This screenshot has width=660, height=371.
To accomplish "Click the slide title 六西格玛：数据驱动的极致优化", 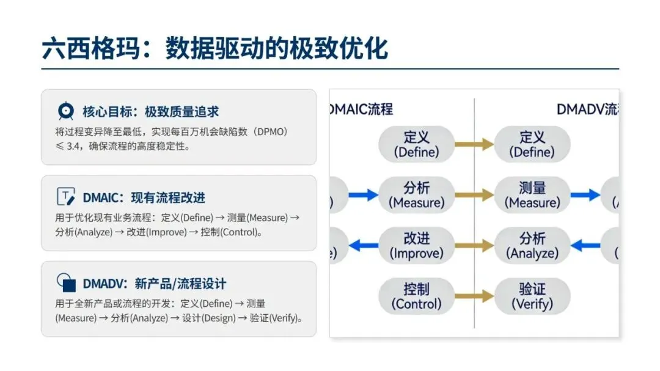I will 215,49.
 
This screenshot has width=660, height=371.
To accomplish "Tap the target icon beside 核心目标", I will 65,112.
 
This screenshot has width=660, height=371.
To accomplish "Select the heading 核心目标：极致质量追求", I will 150,112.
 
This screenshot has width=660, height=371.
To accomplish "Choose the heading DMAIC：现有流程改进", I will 144,197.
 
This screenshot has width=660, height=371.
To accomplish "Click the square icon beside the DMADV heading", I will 65,282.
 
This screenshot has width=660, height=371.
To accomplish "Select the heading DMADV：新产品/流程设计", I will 154,284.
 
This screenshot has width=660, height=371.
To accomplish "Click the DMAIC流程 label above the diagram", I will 362,109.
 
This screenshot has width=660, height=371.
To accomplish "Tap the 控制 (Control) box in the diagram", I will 416,296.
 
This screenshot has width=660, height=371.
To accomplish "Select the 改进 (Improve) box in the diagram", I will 416,245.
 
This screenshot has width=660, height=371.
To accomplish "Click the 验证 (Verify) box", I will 532,296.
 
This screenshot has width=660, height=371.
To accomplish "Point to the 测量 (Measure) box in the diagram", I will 532,195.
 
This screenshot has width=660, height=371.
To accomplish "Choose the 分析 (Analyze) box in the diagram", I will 532,245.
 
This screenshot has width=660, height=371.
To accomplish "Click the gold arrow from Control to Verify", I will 475,296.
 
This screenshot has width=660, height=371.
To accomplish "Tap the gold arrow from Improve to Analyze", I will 475,246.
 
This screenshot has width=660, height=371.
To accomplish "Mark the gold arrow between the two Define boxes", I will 475,144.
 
